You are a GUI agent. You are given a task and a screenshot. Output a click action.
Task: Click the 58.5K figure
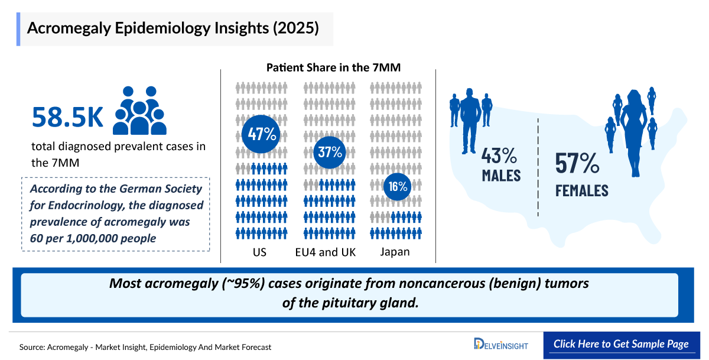pyautogui.click(x=67, y=117)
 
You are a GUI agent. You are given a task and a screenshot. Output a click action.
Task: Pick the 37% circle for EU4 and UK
pyautogui.click(x=330, y=151)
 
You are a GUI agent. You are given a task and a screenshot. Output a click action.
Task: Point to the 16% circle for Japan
pyautogui.click(x=397, y=187)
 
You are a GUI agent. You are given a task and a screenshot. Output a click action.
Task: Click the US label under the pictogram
pyautogui.click(x=259, y=252)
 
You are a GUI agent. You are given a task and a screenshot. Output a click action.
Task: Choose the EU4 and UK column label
pyautogui.click(x=326, y=252)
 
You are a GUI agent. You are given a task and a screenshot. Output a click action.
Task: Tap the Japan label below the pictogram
pyautogui.click(x=395, y=252)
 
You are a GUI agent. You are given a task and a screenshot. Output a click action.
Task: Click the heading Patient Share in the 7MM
pyautogui.click(x=333, y=67)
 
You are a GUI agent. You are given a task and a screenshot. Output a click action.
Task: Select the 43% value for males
pyautogui.click(x=500, y=156)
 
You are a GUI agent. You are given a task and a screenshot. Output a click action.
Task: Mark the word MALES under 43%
pyautogui.click(x=500, y=176)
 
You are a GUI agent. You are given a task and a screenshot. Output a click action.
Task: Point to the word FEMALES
pyautogui.click(x=581, y=190)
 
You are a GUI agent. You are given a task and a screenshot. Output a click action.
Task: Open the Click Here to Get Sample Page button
pyautogui.click(x=620, y=344)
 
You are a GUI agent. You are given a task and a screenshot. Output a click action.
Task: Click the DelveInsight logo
pyautogui.click(x=501, y=344)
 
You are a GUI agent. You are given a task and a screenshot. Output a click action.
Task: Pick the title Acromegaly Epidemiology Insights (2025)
pyautogui.click(x=173, y=28)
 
